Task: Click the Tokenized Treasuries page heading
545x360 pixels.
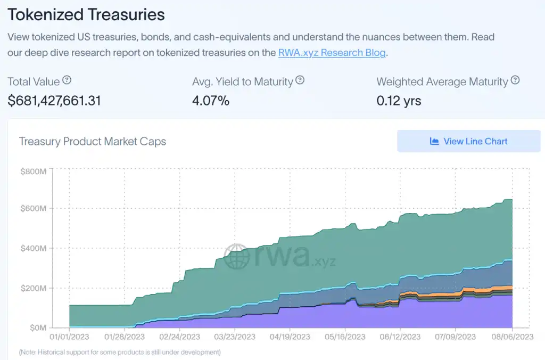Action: click(x=86, y=15)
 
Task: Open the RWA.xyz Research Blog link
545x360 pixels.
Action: click(x=332, y=53)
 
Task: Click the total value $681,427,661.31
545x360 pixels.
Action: click(x=54, y=100)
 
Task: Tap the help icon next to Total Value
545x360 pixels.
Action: click(x=67, y=81)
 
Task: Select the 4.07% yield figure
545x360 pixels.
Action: click(x=211, y=100)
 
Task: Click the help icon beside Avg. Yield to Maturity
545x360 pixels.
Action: click(x=300, y=81)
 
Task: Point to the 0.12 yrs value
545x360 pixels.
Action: click(x=399, y=100)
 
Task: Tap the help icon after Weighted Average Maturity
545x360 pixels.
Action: click(x=515, y=81)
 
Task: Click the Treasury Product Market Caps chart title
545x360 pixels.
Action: click(x=93, y=142)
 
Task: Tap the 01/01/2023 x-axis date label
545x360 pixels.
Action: click(x=69, y=337)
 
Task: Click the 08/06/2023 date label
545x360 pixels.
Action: click(x=511, y=337)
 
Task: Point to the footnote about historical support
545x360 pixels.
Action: click(x=119, y=352)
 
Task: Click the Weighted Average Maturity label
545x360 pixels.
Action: click(x=442, y=82)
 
